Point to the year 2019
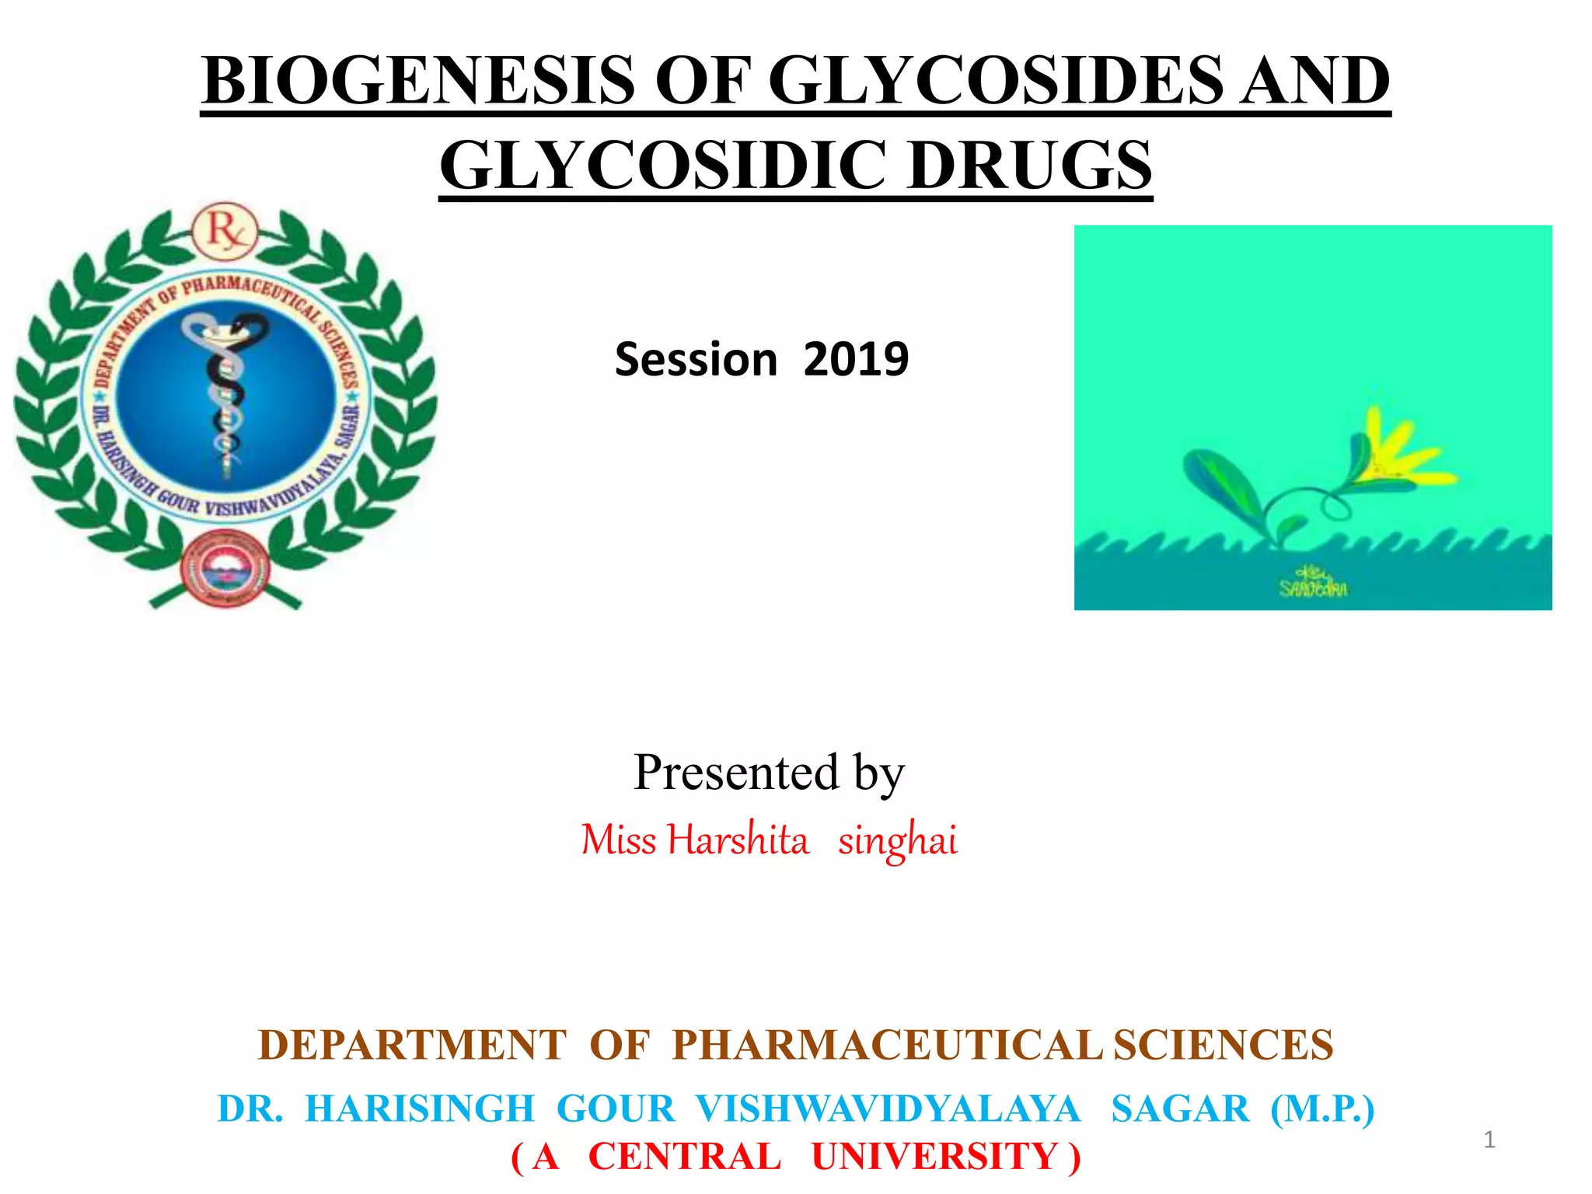click(x=856, y=359)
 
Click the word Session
click(x=696, y=359)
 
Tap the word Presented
click(x=736, y=773)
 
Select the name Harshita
click(x=738, y=840)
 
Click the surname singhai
click(x=898, y=840)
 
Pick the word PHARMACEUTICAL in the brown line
click(x=886, y=1045)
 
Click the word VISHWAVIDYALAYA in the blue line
click(x=888, y=1108)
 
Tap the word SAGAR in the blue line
click(x=1180, y=1108)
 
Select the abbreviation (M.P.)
click(x=1322, y=1108)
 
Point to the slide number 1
click(x=1489, y=1140)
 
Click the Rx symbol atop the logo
click(x=225, y=231)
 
